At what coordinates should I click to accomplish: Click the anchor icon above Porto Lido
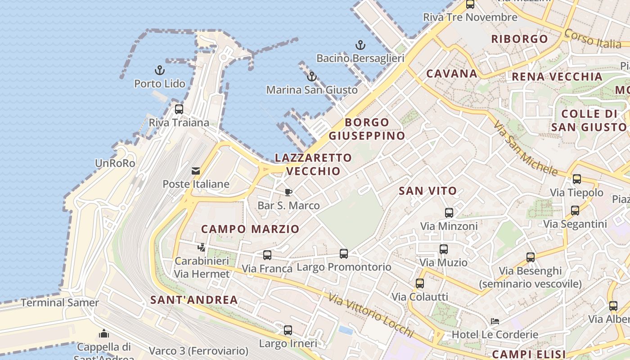[x=160, y=70]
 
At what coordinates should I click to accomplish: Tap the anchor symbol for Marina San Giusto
[x=311, y=76]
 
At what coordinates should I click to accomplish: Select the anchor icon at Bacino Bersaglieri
[x=360, y=45]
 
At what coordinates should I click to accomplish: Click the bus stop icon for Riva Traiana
[x=179, y=109]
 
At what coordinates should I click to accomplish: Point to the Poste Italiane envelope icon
[x=196, y=171]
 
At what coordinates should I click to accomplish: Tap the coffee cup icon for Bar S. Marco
[x=288, y=193]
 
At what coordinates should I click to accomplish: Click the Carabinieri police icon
[x=202, y=247]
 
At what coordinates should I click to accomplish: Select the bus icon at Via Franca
[x=267, y=255]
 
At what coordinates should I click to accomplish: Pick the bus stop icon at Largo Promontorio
[x=344, y=254]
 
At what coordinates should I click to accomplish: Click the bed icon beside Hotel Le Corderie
[x=495, y=321]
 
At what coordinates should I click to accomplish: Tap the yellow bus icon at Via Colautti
[x=420, y=283]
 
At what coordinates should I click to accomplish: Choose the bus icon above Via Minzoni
[x=449, y=213]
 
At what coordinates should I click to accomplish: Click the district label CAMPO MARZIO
[x=250, y=229]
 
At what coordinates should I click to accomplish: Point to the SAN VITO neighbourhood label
[x=427, y=191]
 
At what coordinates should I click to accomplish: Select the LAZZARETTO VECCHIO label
[x=313, y=164]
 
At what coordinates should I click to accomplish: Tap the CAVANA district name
[x=451, y=74]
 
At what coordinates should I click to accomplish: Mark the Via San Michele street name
[x=525, y=148]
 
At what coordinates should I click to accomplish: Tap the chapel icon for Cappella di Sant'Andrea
[x=104, y=333]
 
